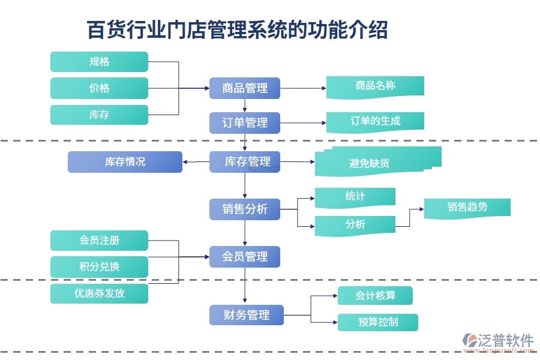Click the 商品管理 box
(x=245, y=88)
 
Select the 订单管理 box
(x=245, y=123)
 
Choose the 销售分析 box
(x=245, y=209)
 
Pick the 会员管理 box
(x=245, y=257)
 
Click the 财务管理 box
(x=247, y=315)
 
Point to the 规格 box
(x=99, y=62)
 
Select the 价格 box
(x=99, y=88)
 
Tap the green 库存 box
(x=99, y=115)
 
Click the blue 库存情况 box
(x=125, y=162)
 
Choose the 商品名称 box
(x=375, y=86)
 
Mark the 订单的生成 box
(x=375, y=121)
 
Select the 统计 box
(x=355, y=197)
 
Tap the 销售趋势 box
(x=467, y=208)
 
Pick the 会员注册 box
(x=99, y=241)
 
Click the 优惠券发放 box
(x=99, y=293)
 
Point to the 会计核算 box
(x=375, y=295)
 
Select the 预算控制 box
(x=377, y=322)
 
